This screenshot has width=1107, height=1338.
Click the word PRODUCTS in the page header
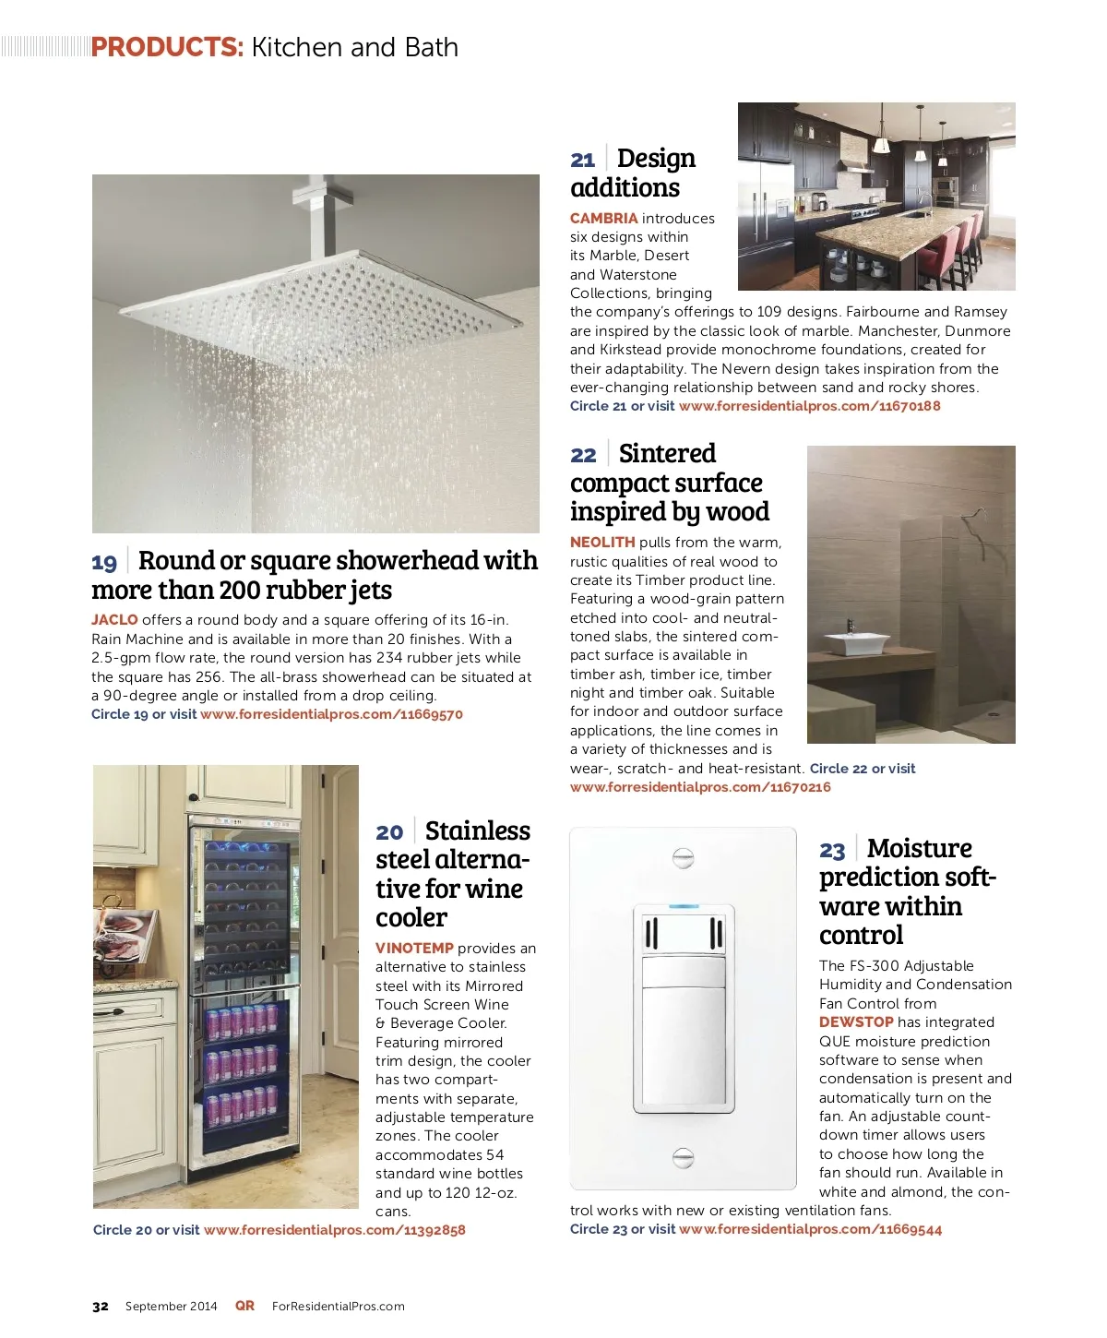(x=167, y=47)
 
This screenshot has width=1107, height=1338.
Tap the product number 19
(x=104, y=562)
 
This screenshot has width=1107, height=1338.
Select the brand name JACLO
(x=114, y=620)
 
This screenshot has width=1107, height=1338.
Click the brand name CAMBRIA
(x=603, y=219)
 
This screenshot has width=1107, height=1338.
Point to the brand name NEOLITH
(x=602, y=543)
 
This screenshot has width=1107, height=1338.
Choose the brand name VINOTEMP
(x=414, y=949)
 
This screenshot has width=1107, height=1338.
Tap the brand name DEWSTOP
(x=856, y=1022)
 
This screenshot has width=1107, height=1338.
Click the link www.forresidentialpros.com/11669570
(x=331, y=714)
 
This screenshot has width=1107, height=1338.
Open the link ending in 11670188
(x=809, y=406)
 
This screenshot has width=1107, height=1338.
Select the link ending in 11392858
(x=334, y=1230)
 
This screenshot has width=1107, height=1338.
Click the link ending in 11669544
(x=810, y=1229)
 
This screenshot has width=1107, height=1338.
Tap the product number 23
(x=832, y=850)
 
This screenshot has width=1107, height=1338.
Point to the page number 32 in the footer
(x=101, y=1306)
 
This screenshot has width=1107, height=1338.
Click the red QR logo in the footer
(x=244, y=1305)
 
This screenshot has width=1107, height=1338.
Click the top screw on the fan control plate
(x=683, y=858)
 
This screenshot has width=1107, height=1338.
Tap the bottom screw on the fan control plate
(x=683, y=1156)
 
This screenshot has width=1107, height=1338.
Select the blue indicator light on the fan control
(x=683, y=906)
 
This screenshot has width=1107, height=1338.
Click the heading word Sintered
(x=667, y=454)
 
